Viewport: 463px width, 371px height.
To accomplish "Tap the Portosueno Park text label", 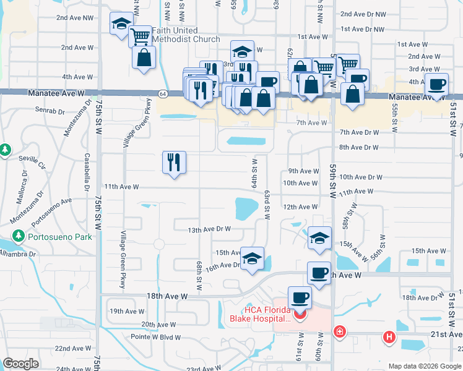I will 60,236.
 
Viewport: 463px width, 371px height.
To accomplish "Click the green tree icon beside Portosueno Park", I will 19,236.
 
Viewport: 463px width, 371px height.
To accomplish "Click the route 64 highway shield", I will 162,93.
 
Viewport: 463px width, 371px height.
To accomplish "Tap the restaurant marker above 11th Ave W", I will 174,162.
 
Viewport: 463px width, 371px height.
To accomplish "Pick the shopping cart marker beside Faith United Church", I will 141,36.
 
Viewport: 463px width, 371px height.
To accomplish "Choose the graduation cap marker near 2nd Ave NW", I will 120,24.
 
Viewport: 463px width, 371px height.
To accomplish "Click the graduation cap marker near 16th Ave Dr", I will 252,258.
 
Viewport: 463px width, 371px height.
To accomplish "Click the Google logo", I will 21,364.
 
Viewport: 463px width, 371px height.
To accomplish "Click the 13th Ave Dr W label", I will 209,229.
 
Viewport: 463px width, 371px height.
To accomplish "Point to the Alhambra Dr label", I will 19,254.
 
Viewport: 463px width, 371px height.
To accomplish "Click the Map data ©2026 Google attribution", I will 425,366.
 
